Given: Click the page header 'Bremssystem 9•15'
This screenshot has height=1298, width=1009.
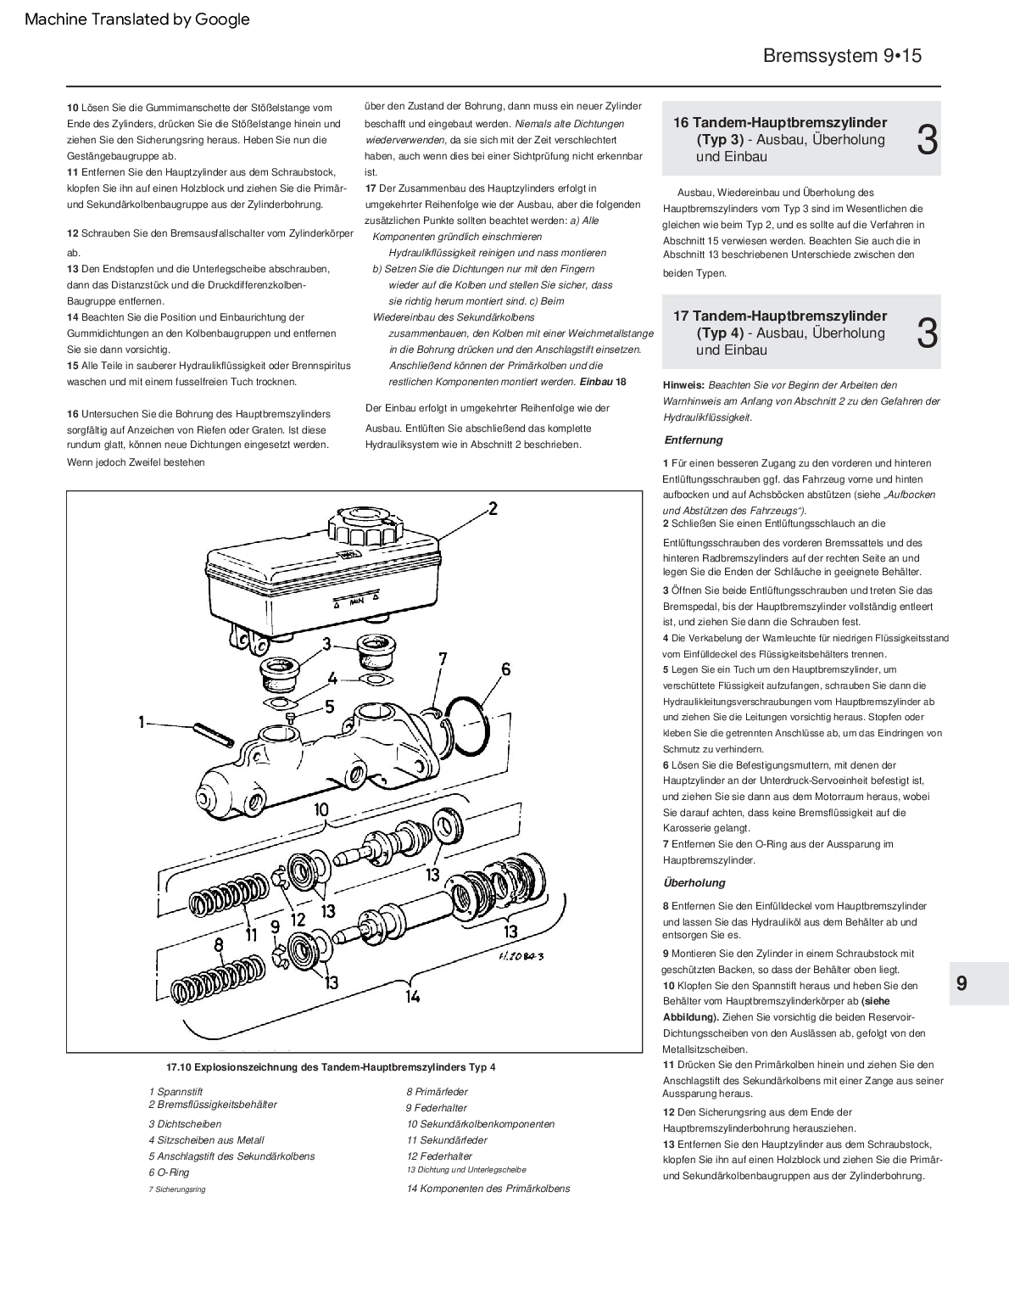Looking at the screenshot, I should [x=841, y=56].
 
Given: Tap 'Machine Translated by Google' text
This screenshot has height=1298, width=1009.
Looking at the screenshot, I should [x=137, y=19].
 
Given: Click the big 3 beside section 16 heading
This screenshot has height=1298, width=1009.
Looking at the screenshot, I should [x=927, y=140].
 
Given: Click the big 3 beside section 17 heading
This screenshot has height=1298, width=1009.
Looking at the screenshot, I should [x=927, y=333].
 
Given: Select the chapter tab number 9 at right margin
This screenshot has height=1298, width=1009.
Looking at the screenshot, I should [x=961, y=984].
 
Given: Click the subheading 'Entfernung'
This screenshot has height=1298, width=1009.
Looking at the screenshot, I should [x=693, y=439].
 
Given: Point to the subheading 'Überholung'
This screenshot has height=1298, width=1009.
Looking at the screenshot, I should [x=694, y=882].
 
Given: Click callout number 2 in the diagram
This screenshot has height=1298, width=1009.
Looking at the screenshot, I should [x=492, y=509].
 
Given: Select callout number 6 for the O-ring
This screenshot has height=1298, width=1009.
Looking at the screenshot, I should [x=505, y=669].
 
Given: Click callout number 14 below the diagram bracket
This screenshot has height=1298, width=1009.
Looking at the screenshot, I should [x=412, y=996].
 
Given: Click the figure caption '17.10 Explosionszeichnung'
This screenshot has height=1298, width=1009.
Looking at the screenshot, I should [x=331, y=1067].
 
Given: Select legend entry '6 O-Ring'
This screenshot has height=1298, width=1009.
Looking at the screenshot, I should [x=169, y=1172].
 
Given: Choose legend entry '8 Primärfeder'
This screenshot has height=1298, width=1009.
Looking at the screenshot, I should [x=437, y=1092].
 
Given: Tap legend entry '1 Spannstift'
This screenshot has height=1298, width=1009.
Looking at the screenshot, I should [x=176, y=1092].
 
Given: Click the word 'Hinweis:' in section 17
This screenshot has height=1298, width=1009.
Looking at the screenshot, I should [x=683, y=385].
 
